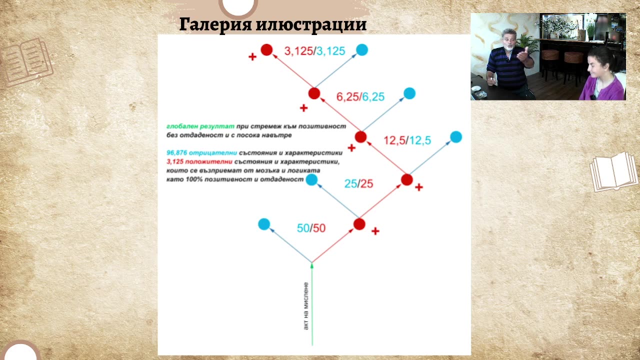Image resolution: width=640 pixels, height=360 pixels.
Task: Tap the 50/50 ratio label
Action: click(x=311, y=228)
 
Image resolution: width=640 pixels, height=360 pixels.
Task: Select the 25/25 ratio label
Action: click(x=358, y=183)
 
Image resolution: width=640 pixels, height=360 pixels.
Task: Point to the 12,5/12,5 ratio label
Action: click(x=407, y=140)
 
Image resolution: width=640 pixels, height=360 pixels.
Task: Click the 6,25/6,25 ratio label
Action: click(x=360, y=97)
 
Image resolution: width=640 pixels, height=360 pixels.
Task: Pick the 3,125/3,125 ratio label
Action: click(x=314, y=51)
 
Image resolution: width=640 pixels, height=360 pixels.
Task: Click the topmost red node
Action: click(x=266, y=49)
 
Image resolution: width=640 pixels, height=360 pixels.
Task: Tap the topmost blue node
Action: click(x=362, y=49)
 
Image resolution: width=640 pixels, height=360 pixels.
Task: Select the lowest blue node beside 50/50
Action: click(x=264, y=224)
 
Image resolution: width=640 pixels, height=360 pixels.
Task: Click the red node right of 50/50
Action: click(x=359, y=224)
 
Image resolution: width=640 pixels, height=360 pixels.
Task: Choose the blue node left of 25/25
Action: click(x=311, y=179)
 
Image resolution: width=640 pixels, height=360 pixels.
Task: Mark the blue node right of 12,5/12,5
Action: click(x=456, y=136)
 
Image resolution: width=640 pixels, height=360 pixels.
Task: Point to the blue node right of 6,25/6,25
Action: click(x=409, y=93)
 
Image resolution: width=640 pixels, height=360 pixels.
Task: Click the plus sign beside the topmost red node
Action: click(x=252, y=57)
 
